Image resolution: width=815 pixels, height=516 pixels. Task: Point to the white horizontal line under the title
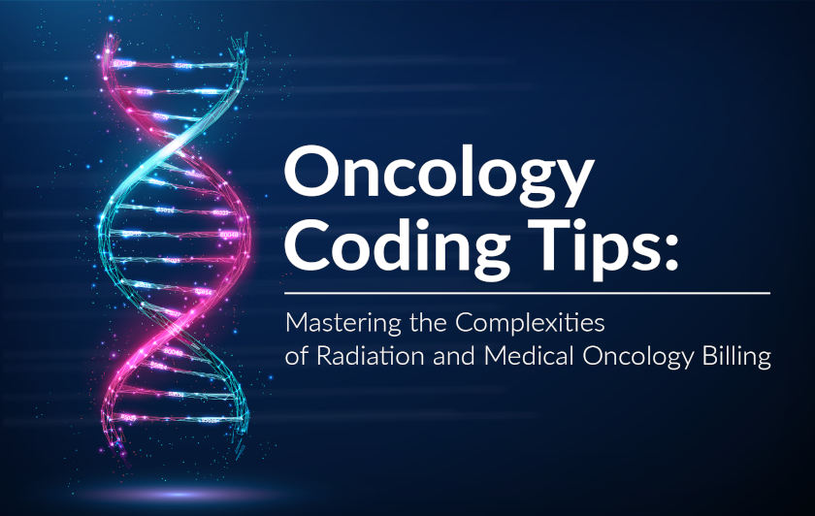[527, 293]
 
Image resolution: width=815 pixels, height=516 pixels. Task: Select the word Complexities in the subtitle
[530, 324]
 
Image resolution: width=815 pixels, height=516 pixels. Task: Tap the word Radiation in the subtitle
[370, 357]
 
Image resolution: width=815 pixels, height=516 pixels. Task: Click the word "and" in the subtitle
[454, 357]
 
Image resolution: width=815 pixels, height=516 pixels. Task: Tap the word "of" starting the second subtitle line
[296, 357]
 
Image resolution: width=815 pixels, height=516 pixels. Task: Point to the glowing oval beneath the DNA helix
[177, 494]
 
